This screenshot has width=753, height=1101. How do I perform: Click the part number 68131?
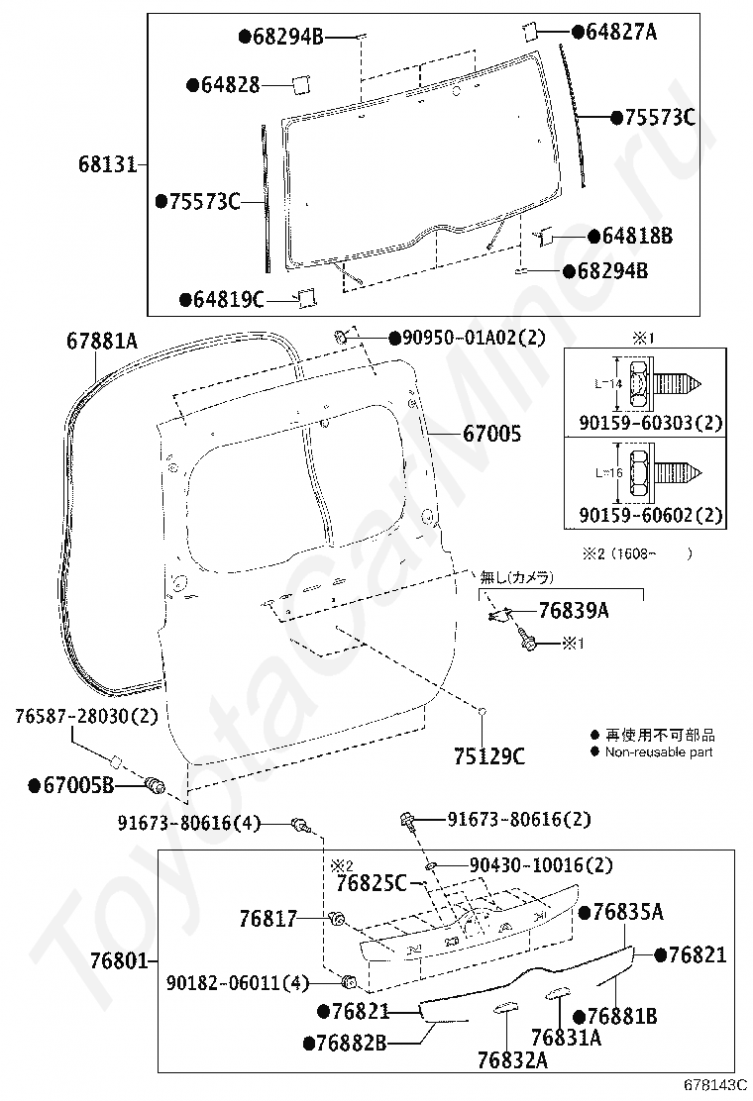click(107, 164)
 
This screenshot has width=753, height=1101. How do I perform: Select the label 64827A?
click(621, 32)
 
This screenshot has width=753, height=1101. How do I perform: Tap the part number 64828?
click(231, 85)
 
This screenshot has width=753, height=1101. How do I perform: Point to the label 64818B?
click(637, 236)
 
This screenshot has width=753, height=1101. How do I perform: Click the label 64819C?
click(228, 300)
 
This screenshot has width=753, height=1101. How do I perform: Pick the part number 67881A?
click(102, 342)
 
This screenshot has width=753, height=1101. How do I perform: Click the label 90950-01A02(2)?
click(474, 338)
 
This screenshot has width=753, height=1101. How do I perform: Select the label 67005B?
click(78, 785)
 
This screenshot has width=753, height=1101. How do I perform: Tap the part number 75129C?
click(488, 756)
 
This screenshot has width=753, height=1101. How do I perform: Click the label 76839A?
click(574, 610)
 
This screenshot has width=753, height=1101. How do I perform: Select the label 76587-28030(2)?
click(86, 716)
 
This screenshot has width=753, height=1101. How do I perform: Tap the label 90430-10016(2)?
click(541, 865)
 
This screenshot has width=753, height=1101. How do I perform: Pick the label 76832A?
click(512, 1059)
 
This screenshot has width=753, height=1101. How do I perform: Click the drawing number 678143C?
click(715, 1085)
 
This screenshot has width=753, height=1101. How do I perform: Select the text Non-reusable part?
click(659, 752)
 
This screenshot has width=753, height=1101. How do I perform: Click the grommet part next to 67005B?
click(154, 785)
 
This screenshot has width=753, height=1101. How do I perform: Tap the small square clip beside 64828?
click(301, 85)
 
